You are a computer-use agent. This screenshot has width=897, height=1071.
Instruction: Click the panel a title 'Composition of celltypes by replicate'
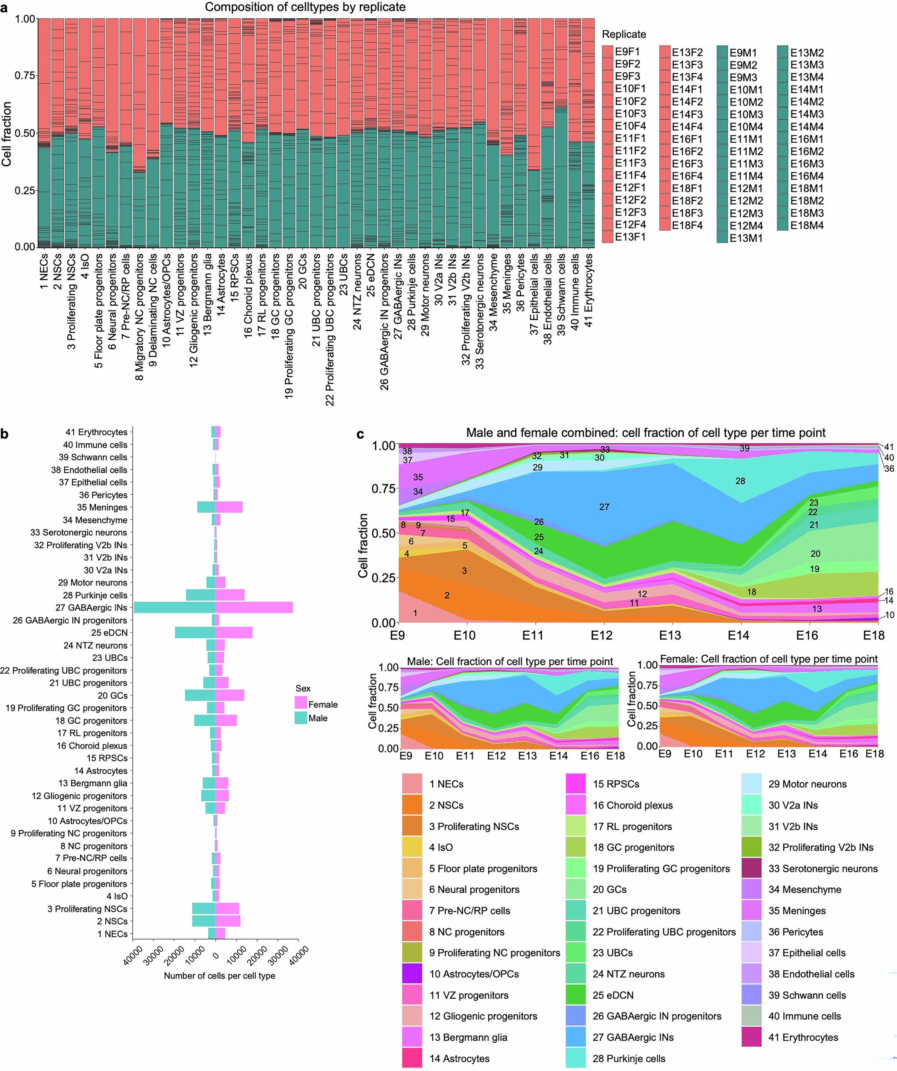pyautogui.click(x=305, y=7)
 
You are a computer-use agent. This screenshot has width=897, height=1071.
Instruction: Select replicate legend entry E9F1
pyautogui.click(x=607, y=51)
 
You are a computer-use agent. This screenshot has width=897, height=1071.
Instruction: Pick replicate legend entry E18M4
pyautogui.click(x=783, y=225)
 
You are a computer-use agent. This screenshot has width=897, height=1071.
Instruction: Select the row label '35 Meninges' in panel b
pyautogui.click(x=102, y=507)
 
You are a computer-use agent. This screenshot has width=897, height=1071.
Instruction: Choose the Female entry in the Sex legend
pyautogui.click(x=301, y=704)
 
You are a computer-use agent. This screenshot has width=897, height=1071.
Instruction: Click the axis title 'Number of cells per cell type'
pyautogui.click(x=219, y=975)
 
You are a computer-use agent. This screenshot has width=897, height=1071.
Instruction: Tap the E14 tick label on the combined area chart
pyautogui.click(x=738, y=635)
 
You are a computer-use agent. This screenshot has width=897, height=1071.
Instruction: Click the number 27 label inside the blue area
pyautogui.click(x=604, y=507)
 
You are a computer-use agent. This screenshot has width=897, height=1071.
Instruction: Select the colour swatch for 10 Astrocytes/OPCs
pyautogui.click(x=412, y=973)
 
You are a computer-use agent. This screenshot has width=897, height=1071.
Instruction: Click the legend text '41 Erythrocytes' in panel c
pyautogui.click(x=803, y=1037)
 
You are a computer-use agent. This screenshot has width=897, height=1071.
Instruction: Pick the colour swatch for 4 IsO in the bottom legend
pyautogui.click(x=412, y=847)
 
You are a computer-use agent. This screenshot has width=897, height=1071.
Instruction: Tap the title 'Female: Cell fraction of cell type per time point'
pyautogui.click(x=768, y=659)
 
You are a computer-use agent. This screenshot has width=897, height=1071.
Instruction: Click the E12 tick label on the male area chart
pyautogui.click(x=496, y=756)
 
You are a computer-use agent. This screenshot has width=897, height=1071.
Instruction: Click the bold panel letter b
pyautogui.click(x=4, y=434)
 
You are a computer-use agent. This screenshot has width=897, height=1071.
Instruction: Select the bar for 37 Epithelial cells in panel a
pyautogui.click(x=534, y=132)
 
